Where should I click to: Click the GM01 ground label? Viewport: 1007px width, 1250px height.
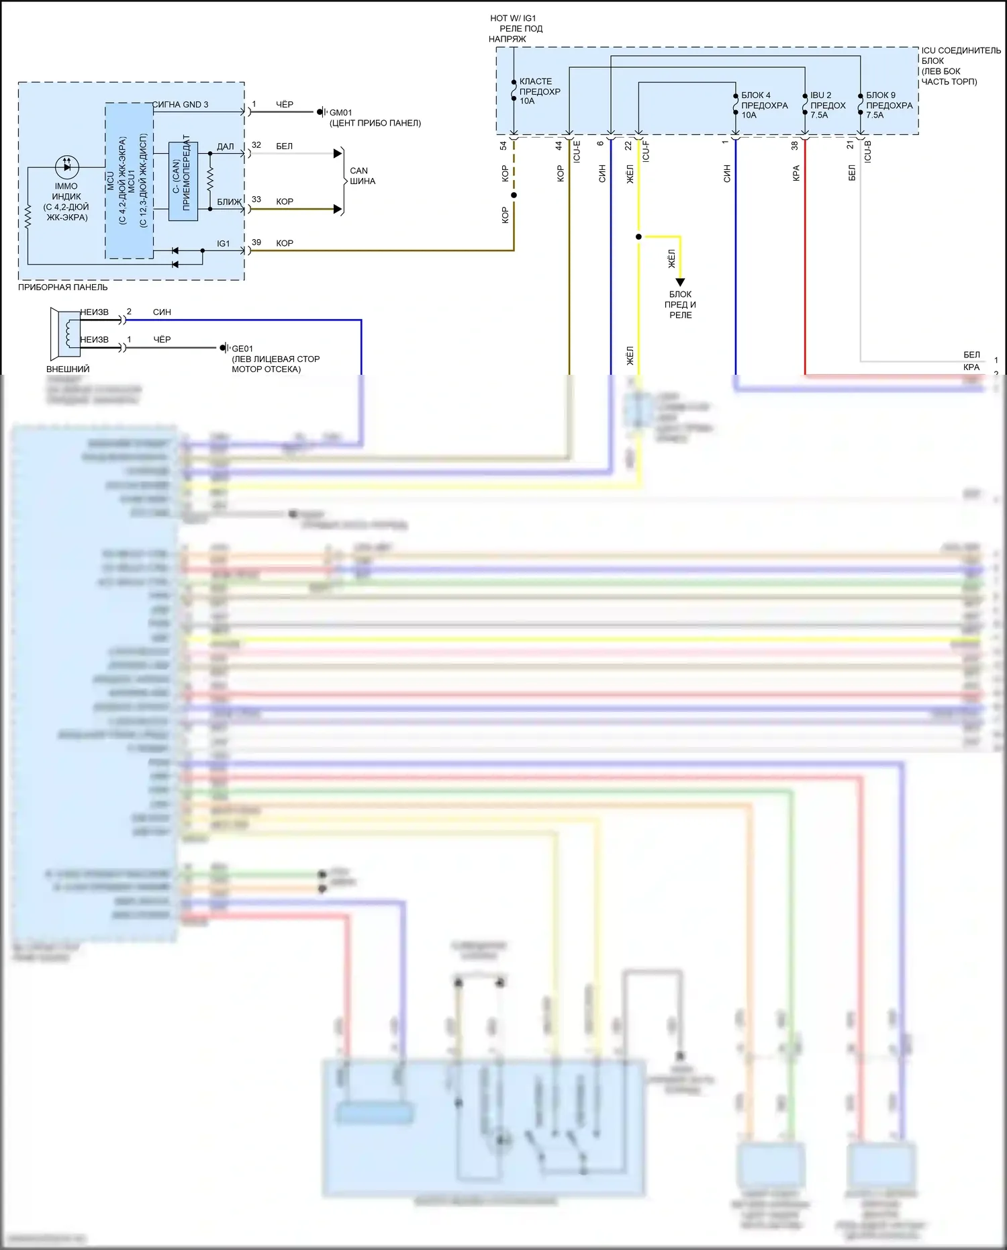click(x=340, y=112)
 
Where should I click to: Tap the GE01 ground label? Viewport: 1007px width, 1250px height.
click(x=242, y=349)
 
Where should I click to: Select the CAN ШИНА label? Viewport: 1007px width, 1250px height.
click(x=362, y=176)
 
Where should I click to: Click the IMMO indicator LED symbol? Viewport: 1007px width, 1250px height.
click(x=66, y=167)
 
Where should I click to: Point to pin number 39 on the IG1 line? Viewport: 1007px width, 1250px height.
click(x=256, y=242)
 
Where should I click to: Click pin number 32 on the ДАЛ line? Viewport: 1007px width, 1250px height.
click(x=256, y=145)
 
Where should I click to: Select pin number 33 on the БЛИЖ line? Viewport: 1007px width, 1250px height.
click(x=256, y=199)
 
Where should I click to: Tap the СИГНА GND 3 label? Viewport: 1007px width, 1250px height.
click(x=181, y=104)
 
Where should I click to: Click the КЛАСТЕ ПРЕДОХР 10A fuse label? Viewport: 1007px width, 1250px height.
click(x=539, y=91)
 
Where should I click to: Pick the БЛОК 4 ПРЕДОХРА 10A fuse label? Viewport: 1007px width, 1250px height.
click(x=764, y=105)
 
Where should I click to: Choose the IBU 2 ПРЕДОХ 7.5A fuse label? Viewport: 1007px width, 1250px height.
click(x=827, y=105)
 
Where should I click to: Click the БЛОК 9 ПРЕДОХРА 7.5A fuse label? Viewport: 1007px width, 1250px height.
click(x=889, y=105)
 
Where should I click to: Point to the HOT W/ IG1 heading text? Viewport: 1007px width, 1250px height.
click(x=514, y=19)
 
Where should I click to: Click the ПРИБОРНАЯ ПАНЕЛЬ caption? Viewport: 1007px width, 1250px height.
click(x=62, y=287)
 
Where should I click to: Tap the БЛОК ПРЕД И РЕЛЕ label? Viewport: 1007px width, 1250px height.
click(x=680, y=304)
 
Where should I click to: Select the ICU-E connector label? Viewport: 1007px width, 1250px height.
click(x=577, y=151)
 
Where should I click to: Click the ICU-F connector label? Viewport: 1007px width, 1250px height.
click(x=646, y=151)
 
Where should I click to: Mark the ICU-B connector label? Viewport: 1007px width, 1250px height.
click(x=867, y=151)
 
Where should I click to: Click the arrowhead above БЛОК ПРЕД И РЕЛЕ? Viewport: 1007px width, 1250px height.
click(x=680, y=282)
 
